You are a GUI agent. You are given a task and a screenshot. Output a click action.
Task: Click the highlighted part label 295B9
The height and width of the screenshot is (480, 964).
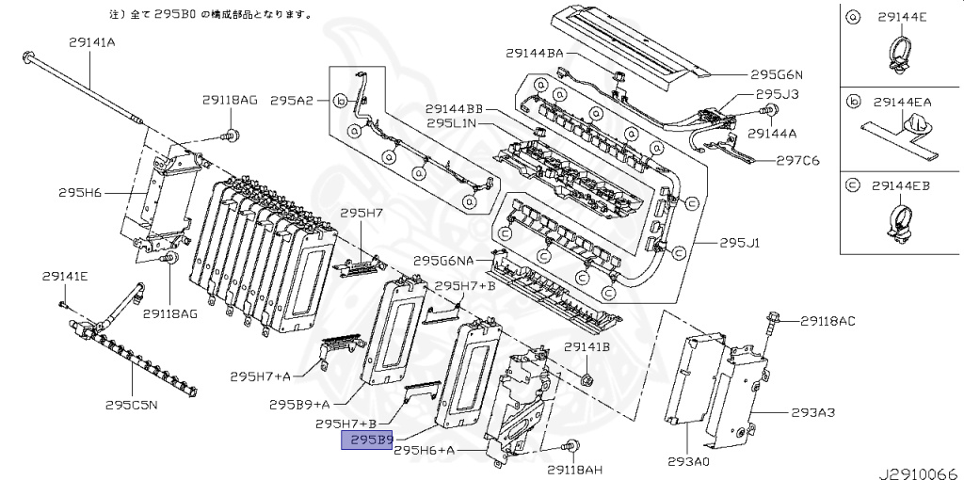click(x=366, y=440)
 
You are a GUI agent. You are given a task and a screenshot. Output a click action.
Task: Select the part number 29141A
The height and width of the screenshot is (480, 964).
click(x=91, y=41)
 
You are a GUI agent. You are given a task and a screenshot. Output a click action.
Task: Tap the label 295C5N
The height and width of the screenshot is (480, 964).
click(x=131, y=406)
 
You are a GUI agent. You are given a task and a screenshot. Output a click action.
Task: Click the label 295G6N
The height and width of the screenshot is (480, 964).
click(x=777, y=74)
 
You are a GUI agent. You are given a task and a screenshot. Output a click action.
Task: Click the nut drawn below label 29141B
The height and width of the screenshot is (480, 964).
click(x=585, y=378)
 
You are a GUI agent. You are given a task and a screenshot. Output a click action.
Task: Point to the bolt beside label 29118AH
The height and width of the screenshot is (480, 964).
click(x=569, y=448)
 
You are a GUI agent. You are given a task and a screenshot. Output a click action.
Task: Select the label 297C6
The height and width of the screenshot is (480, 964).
click(x=797, y=160)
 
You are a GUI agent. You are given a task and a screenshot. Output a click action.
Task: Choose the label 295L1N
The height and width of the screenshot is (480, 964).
click(x=453, y=122)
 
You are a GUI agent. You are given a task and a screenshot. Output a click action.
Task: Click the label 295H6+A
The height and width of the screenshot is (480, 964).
click(x=425, y=451)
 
